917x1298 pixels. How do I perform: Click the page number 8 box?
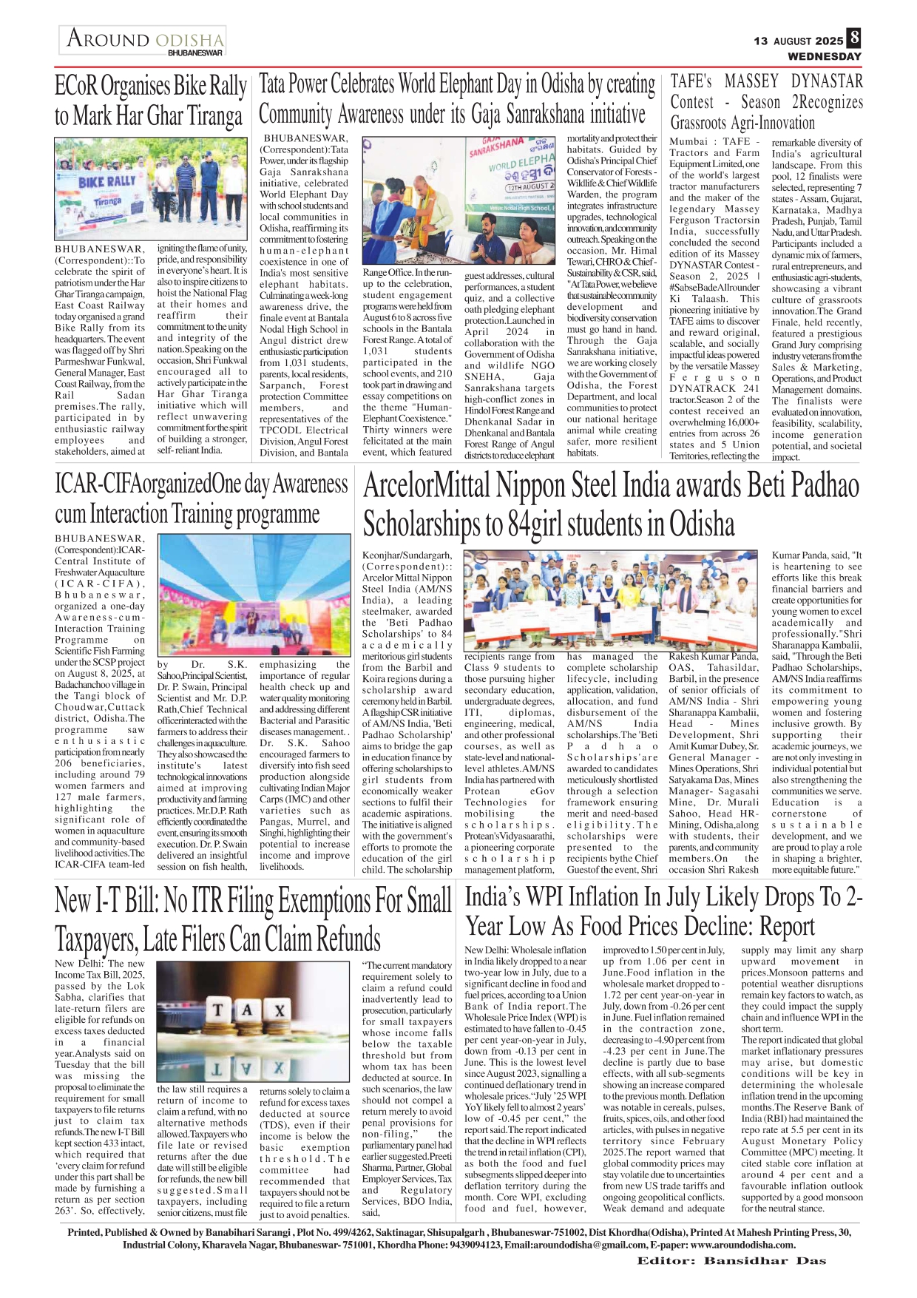click(854, 38)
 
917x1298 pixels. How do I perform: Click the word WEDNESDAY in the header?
click(824, 56)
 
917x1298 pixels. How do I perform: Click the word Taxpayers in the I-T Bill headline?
click(95, 939)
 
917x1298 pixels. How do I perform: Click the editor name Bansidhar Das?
click(765, 1260)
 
